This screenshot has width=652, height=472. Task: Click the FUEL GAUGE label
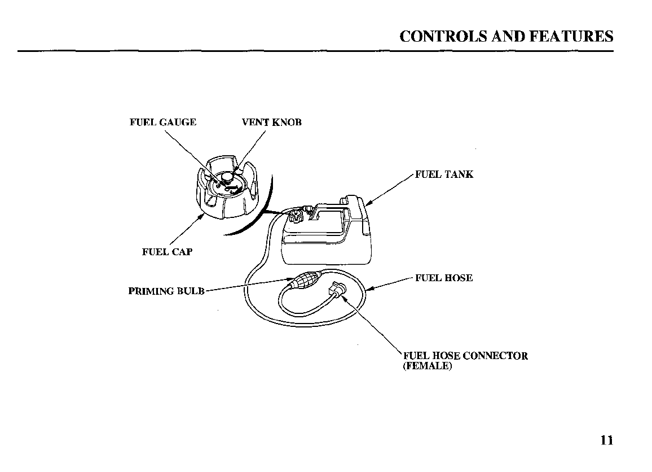(163, 123)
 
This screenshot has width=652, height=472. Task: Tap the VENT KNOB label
(272, 123)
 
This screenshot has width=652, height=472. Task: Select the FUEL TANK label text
(444, 174)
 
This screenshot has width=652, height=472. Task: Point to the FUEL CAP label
(167, 252)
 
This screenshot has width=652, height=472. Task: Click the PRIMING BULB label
(166, 291)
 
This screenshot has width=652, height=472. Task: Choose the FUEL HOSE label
(444, 278)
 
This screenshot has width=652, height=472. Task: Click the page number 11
(606, 441)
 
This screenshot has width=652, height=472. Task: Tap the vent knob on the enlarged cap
(227, 177)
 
